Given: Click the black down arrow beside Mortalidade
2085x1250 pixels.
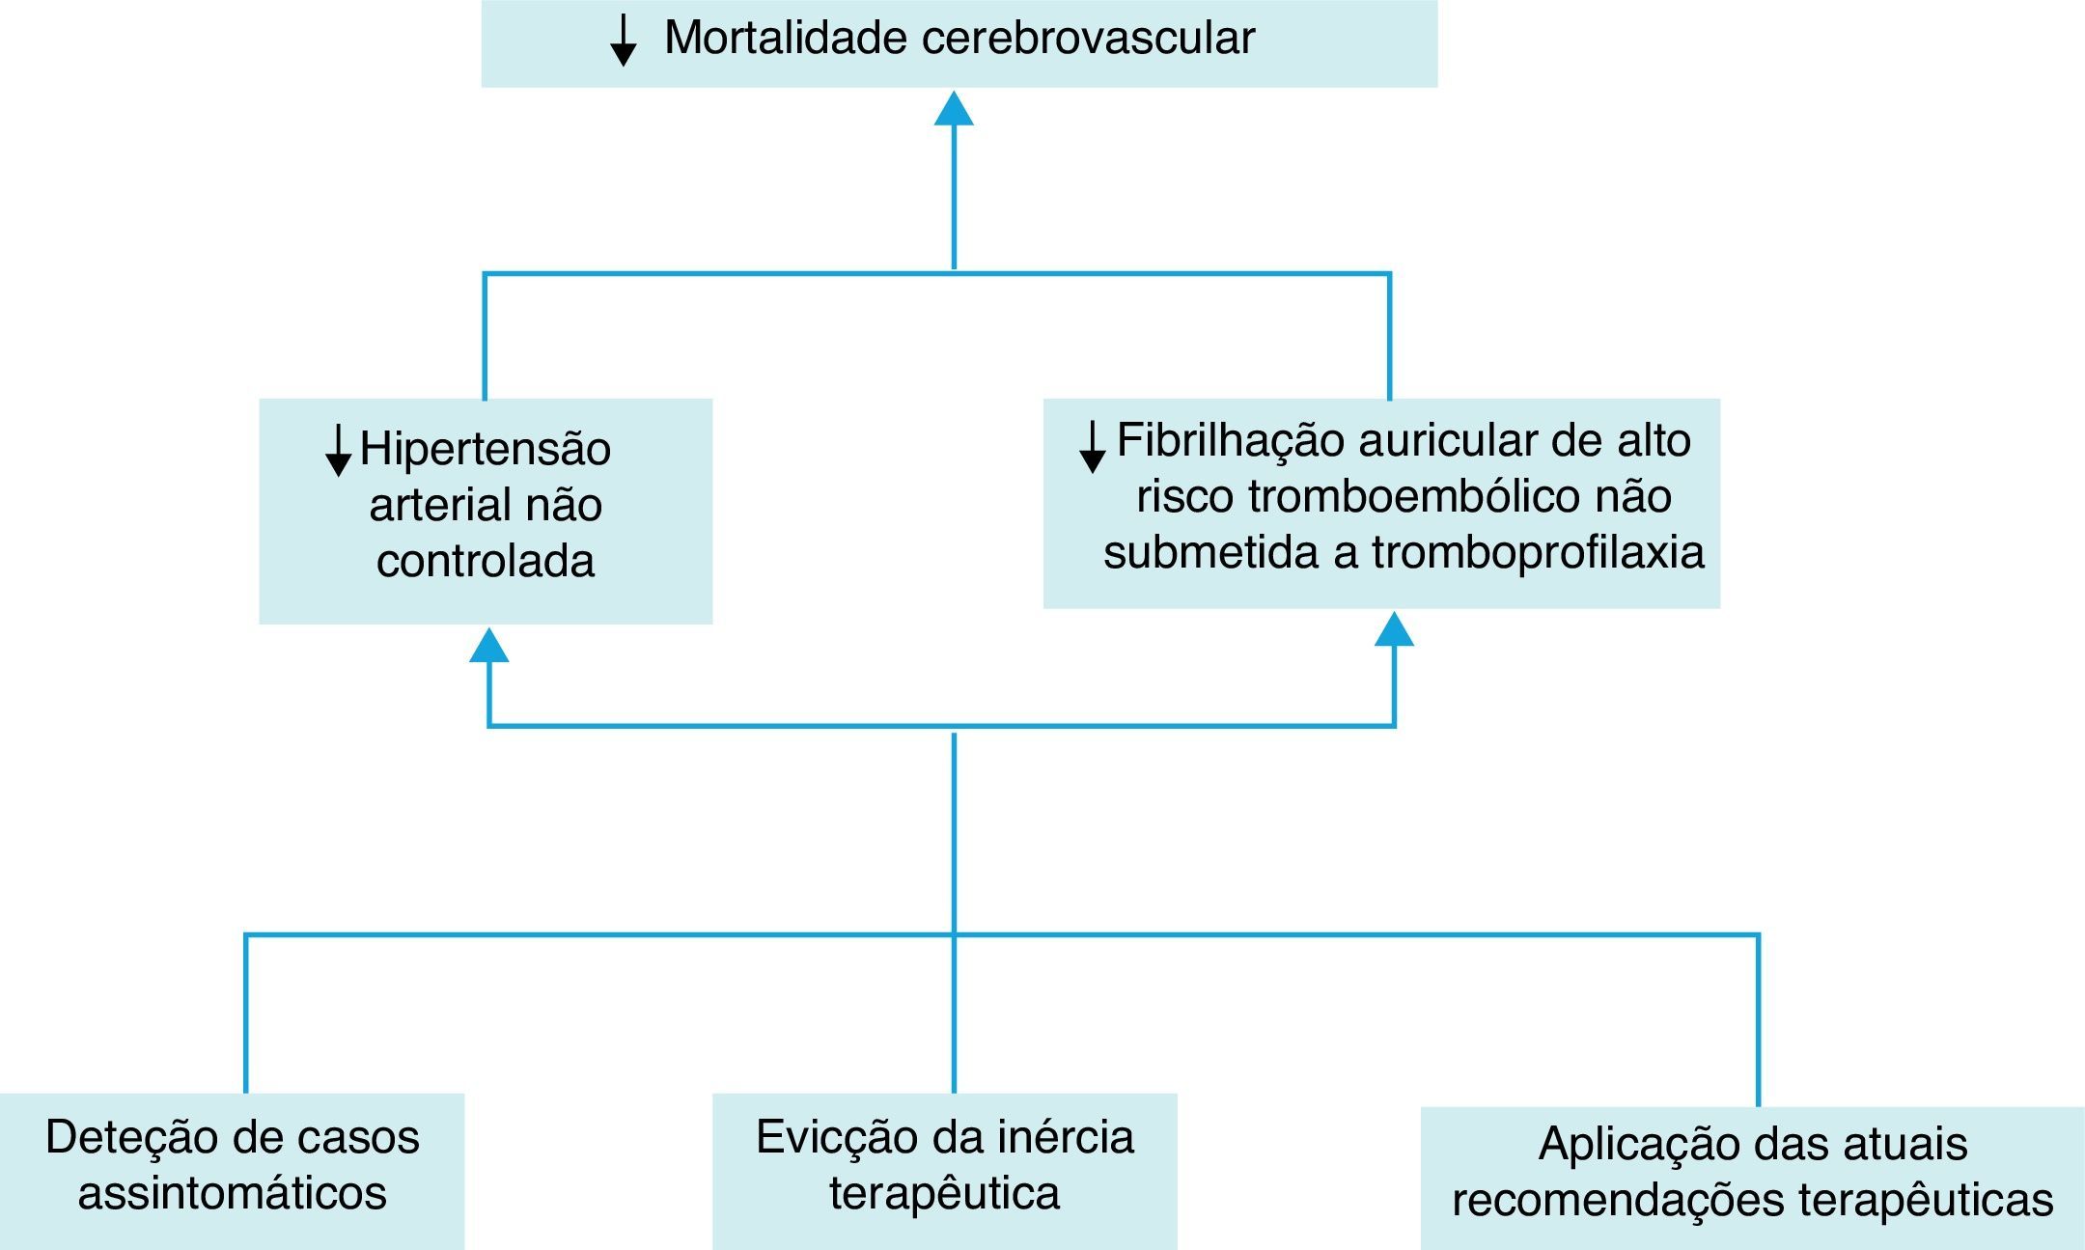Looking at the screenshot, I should pos(624,41).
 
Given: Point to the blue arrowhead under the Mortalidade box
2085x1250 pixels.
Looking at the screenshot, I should pos(954,109).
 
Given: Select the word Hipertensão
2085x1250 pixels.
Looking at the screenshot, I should pos(486,449).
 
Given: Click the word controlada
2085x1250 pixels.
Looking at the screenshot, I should pos(486,561).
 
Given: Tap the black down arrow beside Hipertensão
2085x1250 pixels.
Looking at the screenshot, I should pos(338,451).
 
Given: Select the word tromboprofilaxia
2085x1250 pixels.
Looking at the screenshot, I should pos(1538,552).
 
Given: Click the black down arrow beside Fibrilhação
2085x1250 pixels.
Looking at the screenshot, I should pos(1092,447).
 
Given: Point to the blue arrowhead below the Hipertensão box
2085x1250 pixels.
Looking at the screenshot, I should pos(488,646).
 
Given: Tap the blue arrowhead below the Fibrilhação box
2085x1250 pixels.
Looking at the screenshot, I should pos(1394,629).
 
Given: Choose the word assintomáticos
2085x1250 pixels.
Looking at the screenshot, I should pos(233,1193).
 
